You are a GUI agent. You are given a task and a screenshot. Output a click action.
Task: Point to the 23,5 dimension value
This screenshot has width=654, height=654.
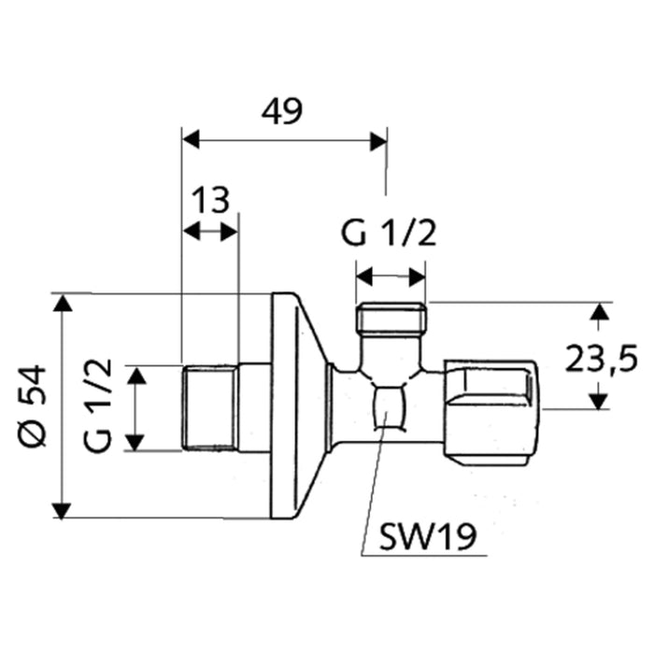pos(601,357)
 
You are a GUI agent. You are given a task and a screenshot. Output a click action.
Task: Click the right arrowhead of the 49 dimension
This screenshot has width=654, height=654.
pos(377,141)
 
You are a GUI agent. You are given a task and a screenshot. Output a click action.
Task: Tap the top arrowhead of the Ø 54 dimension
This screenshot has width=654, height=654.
pos(62,303)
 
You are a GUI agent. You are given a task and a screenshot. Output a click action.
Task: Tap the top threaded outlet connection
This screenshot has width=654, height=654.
pos(391,320)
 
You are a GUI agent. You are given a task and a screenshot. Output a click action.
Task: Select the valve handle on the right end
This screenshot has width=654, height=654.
pos(492,408)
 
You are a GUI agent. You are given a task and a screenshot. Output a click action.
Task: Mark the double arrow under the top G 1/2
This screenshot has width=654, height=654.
pos(391,277)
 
